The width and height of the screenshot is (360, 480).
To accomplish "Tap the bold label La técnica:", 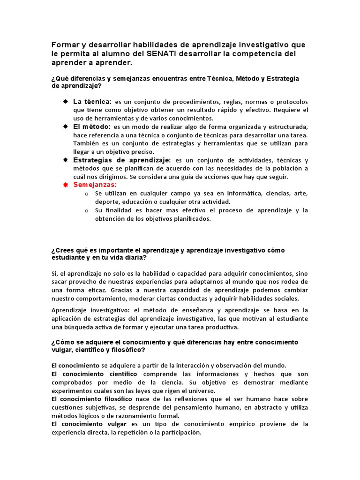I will pos(92,102).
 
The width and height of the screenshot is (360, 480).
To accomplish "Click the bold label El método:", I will pos(92,127).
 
